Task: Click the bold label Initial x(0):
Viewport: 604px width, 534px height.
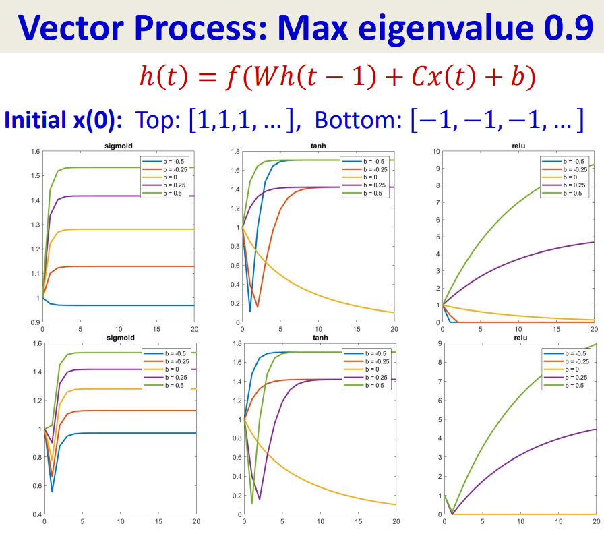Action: click(64, 120)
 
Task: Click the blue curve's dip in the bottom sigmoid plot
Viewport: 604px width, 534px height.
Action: click(52, 491)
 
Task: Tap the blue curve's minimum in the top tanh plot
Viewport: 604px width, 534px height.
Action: click(250, 311)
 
